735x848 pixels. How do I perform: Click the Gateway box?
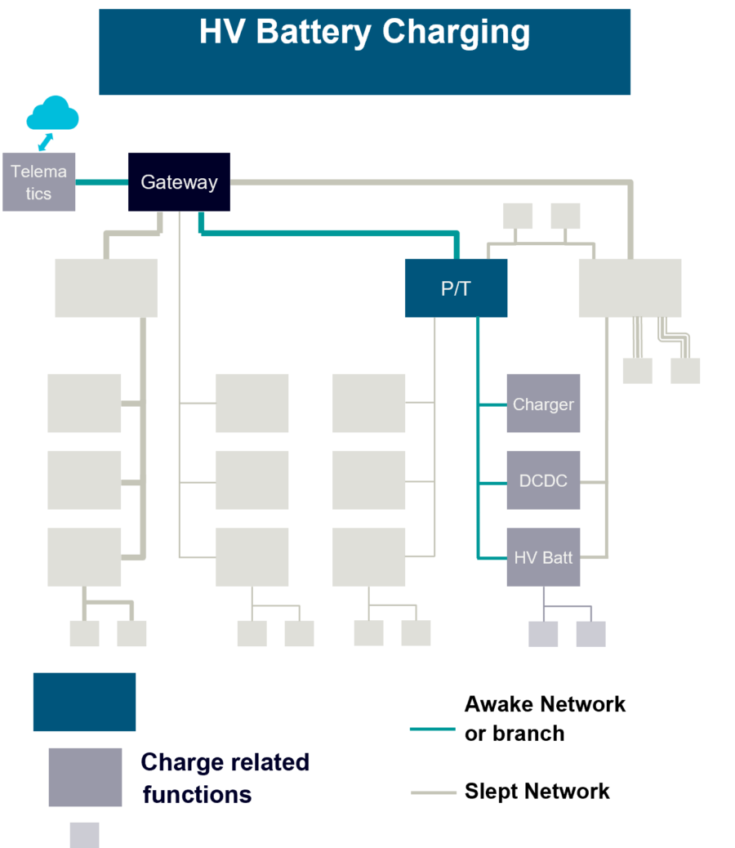coord(178,182)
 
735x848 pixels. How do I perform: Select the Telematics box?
coord(38,182)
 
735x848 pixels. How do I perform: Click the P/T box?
coord(456,288)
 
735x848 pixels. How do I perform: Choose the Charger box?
coord(543,404)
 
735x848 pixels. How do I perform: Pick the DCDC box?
coord(543,480)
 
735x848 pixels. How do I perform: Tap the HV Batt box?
coord(543,557)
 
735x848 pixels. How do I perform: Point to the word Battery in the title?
coord(314,33)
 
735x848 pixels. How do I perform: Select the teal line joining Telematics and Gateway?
coord(101,182)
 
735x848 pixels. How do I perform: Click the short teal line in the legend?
coord(432,729)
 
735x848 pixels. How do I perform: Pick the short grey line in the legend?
coord(433,792)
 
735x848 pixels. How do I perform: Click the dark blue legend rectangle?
coord(84,702)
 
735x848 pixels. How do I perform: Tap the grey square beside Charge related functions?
coord(85,777)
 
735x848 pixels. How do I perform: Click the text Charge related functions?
coord(225,778)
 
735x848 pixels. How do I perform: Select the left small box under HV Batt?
coord(543,634)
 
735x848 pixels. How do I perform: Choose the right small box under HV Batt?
coord(590,634)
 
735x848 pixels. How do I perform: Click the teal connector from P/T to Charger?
coord(492,404)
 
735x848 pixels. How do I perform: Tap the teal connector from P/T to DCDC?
coord(492,483)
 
